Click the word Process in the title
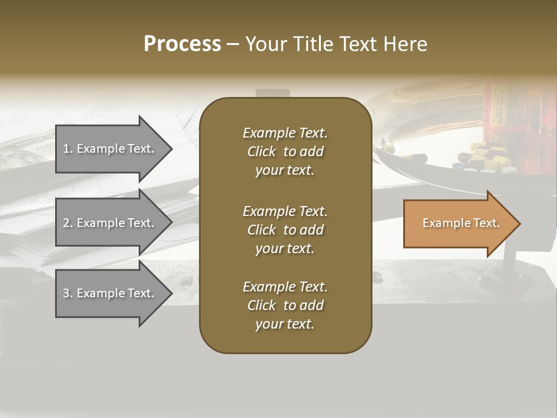182,44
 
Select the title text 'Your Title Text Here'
336,44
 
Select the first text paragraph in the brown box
285,152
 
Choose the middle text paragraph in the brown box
285,230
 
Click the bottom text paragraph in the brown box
285,305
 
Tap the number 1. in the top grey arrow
67,149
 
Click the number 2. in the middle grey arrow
67,223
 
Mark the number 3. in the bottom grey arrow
67,293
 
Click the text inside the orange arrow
461,223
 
